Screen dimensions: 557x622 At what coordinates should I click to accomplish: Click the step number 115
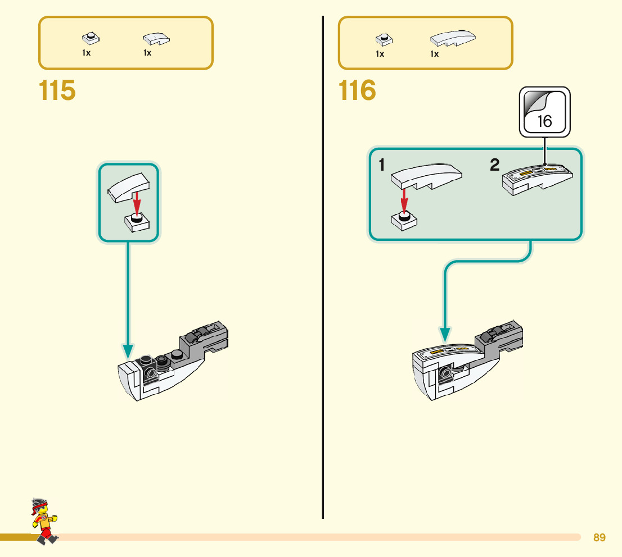click(x=57, y=91)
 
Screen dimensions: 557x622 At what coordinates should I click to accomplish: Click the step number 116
click(x=358, y=91)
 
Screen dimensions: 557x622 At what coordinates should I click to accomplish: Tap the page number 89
click(x=600, y=538)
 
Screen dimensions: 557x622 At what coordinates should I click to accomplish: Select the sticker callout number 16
click(x=544, y=121)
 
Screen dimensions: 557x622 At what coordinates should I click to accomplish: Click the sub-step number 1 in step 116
click(x=382, y=165)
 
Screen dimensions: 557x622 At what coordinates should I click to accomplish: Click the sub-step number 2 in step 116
click(x=494, y=165)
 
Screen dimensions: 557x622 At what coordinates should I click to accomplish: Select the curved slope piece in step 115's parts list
click(x=156, y=39)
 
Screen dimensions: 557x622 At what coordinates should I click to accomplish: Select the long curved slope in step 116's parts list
click(x=453, y=38)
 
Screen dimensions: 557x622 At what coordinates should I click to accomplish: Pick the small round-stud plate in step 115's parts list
click(x=89, y=38)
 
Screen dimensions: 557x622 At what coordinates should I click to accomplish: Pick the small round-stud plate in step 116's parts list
click(x=384, y=39)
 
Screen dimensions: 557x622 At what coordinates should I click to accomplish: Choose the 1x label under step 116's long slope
click(x=434, y=54)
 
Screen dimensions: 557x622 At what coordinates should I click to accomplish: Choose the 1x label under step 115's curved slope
click(x=147, y=53)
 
